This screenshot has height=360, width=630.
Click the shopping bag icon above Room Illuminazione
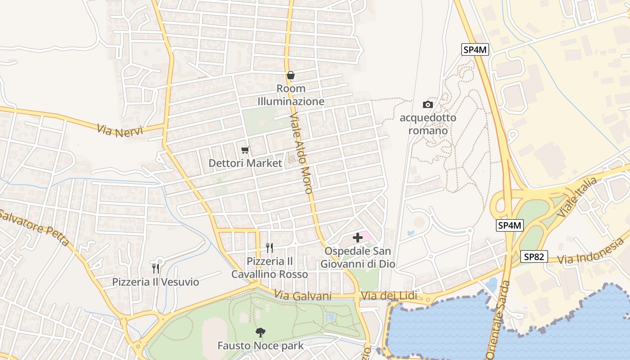click(291, 75)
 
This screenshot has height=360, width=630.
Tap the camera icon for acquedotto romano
click(427, 105)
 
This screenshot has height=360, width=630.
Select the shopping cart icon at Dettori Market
click(245, 150)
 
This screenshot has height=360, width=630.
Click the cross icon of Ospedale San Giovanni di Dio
click(358, 238)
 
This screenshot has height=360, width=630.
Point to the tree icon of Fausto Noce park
click(260, 333)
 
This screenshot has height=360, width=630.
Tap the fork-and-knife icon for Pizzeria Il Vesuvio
click(156, 269)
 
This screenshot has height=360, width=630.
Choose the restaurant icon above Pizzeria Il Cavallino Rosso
click(270, 247)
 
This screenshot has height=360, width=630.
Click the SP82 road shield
click(534, 257)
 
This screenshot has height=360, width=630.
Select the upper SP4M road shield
click(475, 49)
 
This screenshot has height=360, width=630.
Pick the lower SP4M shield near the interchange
click(510, 225)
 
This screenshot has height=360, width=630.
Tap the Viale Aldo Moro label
click(301, 153)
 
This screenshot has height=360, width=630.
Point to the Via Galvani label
click(303, 296)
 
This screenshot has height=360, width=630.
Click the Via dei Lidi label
click(389, 296)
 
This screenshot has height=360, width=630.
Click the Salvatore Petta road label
click(34, 228)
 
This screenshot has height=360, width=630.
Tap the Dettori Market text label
click(245, 163)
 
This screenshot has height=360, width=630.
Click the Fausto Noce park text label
click(261, 346)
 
